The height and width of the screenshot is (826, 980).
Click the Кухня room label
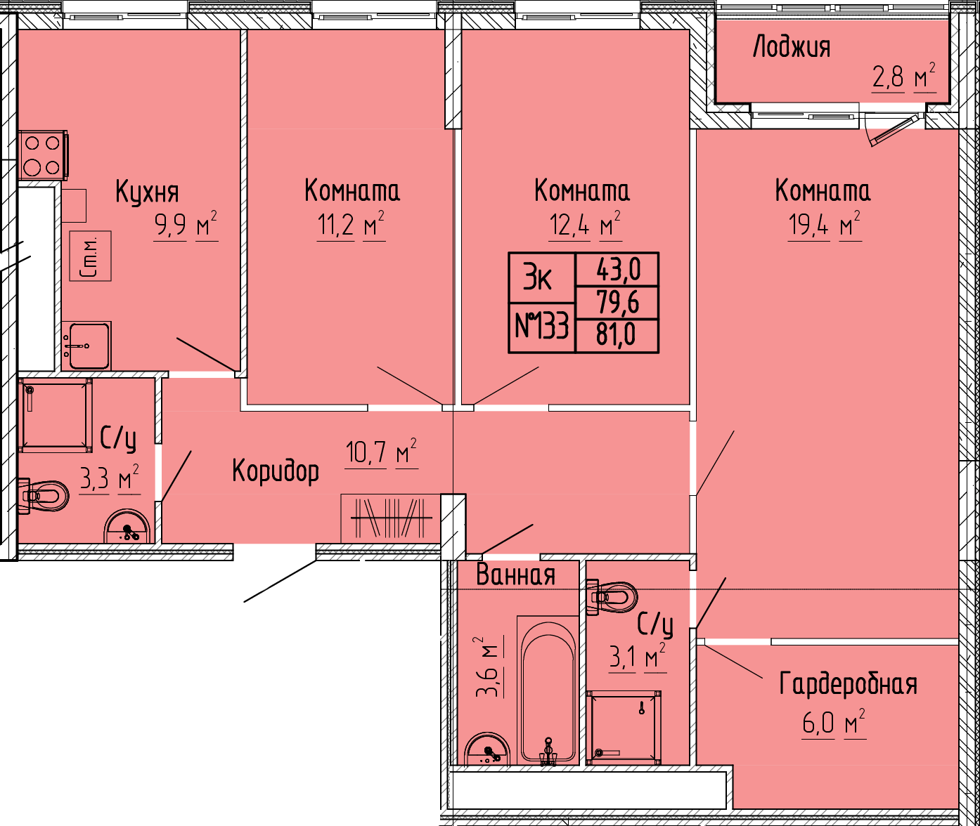tap(147, 192)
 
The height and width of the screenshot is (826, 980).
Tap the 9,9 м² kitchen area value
tap(186, 226)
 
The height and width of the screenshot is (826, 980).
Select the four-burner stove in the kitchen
tap(43, 155)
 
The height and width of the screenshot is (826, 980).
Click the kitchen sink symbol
tap(86, 346)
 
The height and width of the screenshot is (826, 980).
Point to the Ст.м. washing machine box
tap(90, 256)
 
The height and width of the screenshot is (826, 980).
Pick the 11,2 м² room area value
tap(351, 225)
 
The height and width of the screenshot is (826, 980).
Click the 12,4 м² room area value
tap(586, 225)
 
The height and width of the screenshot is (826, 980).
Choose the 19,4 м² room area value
tap(825, 225)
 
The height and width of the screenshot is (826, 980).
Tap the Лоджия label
tap(792, 48)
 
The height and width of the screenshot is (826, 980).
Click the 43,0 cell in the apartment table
tap(618, 270)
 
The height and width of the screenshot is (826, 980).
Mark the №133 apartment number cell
tap(542, 325)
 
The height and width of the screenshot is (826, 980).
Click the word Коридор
tap(276, 471)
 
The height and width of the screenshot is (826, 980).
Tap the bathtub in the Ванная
tap(548, 690)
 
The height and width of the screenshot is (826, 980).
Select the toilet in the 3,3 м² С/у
tap(43, 495)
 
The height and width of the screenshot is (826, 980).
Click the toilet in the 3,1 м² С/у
tap(612, 597)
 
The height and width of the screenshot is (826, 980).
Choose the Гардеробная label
tap(848, 685)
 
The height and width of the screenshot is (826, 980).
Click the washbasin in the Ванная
tap(487, 749)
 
